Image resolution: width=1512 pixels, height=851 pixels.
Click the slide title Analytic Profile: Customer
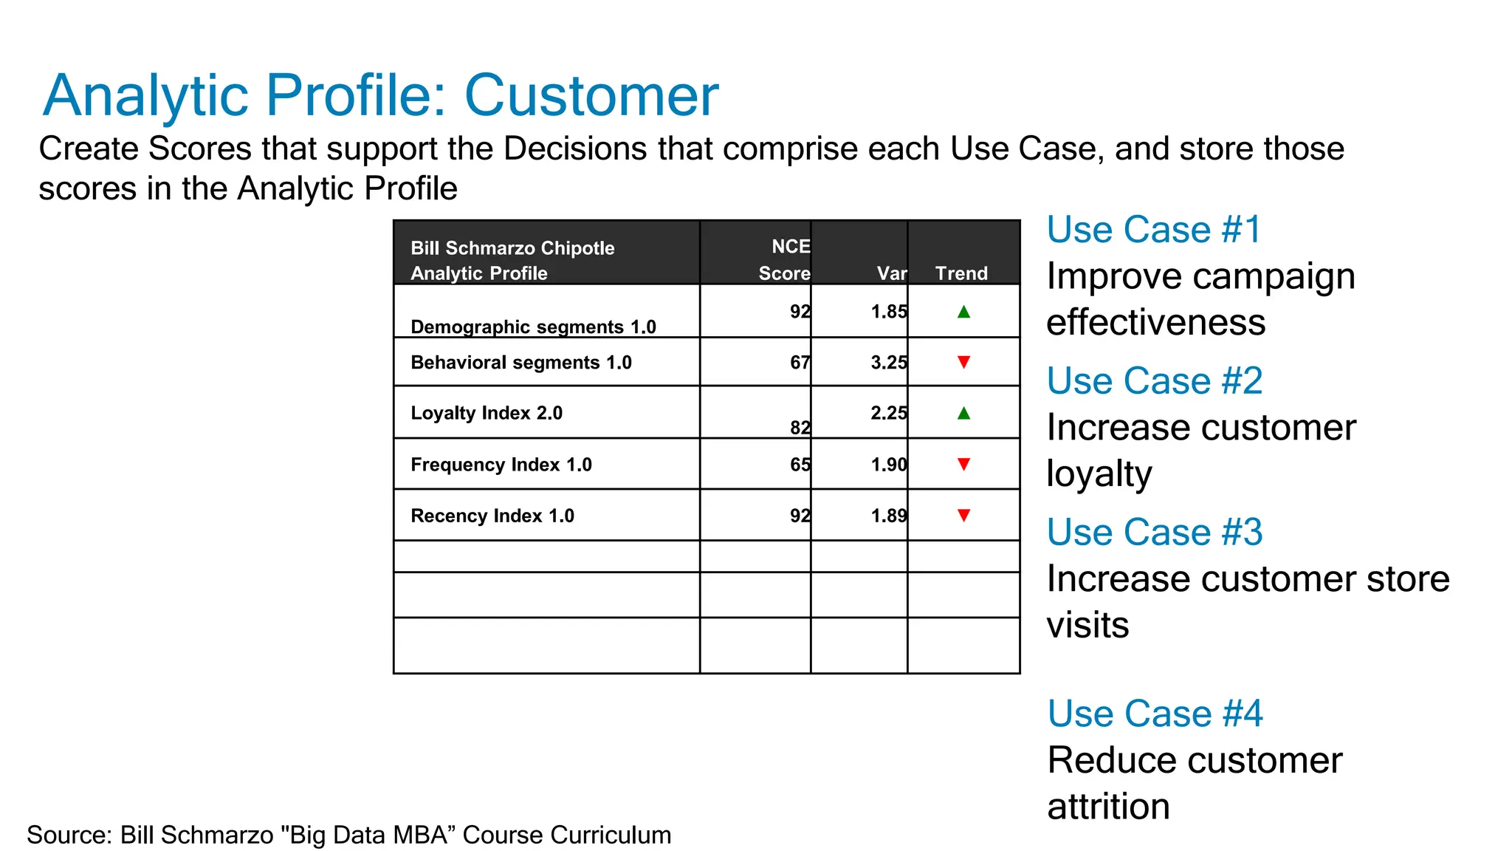point(380,95)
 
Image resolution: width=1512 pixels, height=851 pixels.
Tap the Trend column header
point(961,273)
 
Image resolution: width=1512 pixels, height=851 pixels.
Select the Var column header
point(891,273)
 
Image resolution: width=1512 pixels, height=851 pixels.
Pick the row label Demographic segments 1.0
point(533,327)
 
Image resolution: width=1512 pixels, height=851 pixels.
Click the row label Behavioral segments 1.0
point(520,363)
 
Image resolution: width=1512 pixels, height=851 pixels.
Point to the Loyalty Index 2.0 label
point(487,413)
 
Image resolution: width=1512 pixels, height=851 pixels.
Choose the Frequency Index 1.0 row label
point(501,465)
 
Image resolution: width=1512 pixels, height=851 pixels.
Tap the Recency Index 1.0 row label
point(492,516)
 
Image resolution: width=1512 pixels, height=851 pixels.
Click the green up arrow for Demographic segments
point(963,312)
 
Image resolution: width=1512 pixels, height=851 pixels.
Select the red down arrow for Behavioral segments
point(963,362)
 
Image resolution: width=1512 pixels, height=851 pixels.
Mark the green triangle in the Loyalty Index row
point(963,413)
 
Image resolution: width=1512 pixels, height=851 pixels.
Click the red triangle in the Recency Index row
point(963,515)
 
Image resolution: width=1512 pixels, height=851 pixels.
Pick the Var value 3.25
point(888,363)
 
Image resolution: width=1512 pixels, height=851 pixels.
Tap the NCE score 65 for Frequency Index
point(800,465)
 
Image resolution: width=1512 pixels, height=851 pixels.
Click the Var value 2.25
point(888,413)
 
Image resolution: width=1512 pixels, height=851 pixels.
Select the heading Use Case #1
point(1154,230)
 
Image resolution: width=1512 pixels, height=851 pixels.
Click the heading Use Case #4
point(1155,714)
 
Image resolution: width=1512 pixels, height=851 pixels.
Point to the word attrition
point(1108,806)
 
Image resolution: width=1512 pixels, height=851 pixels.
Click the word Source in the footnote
point(69,835)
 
